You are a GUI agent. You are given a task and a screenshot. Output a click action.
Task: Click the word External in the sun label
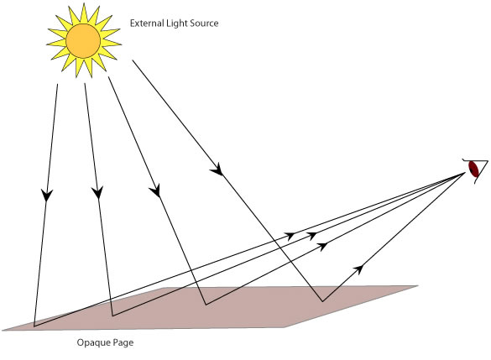[x=149, y=23]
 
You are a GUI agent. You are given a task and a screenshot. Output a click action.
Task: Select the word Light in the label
[x=182, y=23]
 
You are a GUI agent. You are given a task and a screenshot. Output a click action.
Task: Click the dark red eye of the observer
[x=475, y=169]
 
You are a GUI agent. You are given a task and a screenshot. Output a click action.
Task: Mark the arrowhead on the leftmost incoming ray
[x=45, y=196]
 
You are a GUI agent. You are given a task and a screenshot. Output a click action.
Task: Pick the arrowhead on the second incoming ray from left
[x=97, y=192]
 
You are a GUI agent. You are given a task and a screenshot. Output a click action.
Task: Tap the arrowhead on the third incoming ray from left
[x=154, y=192]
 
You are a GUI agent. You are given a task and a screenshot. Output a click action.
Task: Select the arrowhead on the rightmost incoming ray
[x=220, y=172]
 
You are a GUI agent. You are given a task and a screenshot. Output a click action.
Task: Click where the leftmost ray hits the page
[x=34, y=324]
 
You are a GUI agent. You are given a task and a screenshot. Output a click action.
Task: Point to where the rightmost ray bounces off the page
[x=321, y=301]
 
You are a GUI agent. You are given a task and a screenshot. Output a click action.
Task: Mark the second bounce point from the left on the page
[x=112, y=316]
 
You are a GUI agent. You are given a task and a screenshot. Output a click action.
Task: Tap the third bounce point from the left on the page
[x=204, y=305]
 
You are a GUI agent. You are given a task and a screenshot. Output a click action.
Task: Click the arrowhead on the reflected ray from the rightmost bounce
[x=359, y=268]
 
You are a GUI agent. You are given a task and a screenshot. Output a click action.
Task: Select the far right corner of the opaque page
[x=417, y=286]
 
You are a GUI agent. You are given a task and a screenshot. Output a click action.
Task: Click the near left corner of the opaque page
[x=3, y=328]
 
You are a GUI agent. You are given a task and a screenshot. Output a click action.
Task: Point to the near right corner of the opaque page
[x=285, y=326]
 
